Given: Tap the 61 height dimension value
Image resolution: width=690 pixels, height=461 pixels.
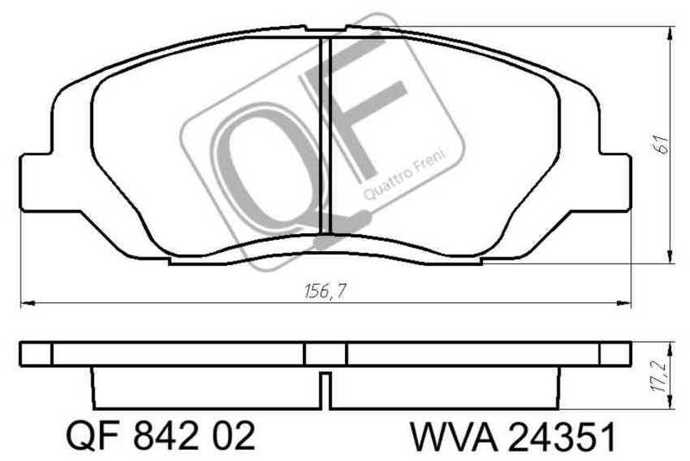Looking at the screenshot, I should (662, 144).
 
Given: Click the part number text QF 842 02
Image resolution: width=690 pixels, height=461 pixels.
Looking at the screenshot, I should (160, 436).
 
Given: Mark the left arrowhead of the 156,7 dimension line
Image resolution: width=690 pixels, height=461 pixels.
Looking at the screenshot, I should (26, 303).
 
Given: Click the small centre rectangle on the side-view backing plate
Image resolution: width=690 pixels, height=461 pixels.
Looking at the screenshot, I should (325, 354).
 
